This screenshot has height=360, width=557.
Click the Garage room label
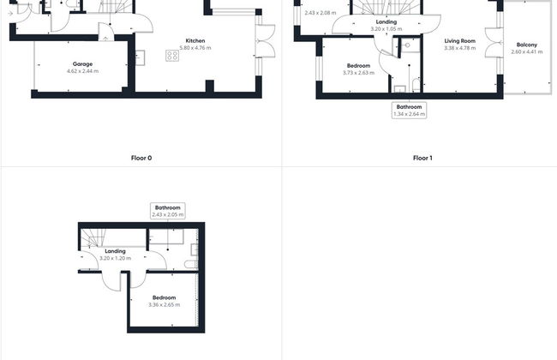click(x=82, y=64)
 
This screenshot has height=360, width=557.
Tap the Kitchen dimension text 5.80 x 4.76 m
click(x=195, y=48)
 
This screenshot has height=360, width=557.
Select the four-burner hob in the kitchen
click(x=172, y=56)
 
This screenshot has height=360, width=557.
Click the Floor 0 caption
click(x=141, y=158)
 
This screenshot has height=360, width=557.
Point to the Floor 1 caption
click(x=422, y=158)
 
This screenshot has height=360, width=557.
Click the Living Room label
click(x=459, y=41)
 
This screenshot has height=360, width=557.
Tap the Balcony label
click(x=527, y=45)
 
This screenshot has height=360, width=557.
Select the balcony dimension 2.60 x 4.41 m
click(x=527, y=52)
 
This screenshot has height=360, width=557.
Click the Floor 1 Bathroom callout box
click(x=410, y=111)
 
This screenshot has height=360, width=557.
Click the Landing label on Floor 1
click(x=386, y=21)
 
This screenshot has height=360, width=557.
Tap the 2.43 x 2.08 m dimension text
click(x=320, y=13)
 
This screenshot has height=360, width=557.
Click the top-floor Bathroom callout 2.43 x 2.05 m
click(x=168, y=211)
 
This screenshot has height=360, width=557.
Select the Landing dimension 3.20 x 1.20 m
click(x=115, y=258)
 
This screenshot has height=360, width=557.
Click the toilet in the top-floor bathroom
click(x=191, y=264)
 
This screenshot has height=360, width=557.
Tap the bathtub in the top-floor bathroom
click(x=166, y=237)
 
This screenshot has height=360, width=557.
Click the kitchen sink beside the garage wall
click(x=140, y=58)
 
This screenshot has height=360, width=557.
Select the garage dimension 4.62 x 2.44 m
click(x=82, y=71)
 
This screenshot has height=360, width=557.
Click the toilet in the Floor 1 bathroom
click(x=416, y=86)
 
